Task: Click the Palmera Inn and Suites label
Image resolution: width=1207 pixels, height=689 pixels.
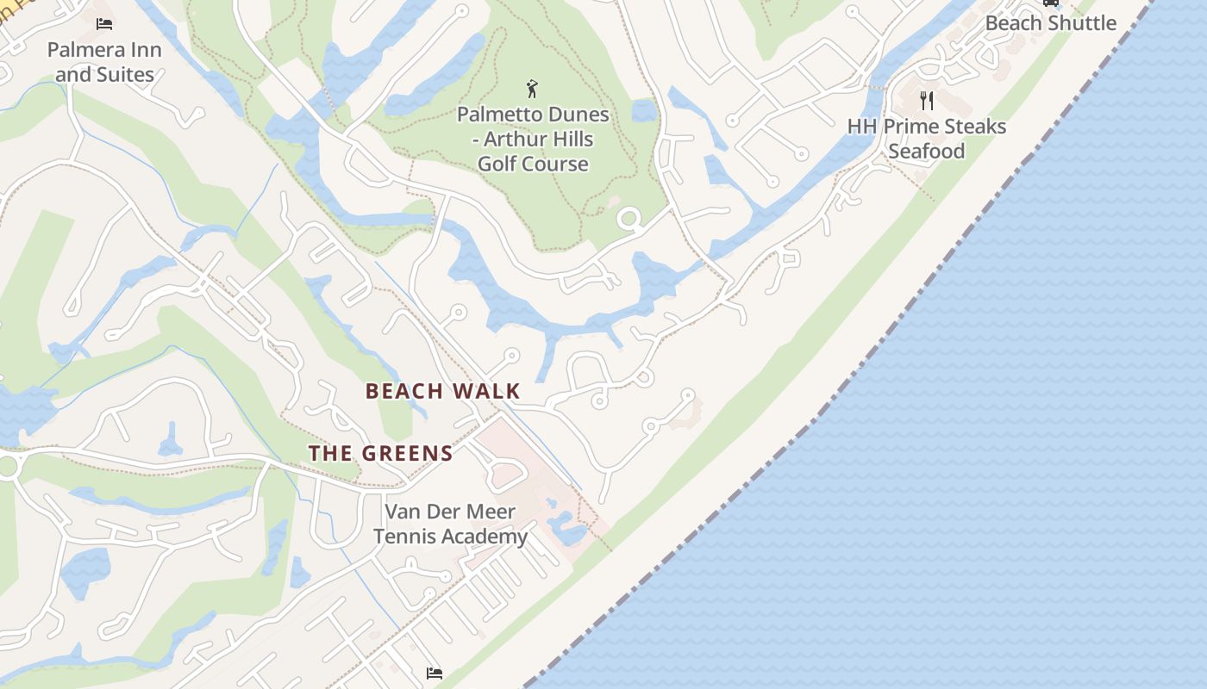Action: click(104, 62)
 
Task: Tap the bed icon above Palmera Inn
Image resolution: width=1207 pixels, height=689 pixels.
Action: click(104, 24)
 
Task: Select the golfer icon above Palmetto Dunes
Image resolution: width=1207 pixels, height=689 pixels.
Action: click(532, 88)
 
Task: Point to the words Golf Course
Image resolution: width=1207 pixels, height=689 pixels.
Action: click(533, 164)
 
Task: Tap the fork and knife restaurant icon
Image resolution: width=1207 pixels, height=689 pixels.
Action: click(927, 101)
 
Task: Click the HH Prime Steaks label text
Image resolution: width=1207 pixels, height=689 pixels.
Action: click(926, 127)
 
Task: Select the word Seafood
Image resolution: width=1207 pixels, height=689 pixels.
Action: click(926, 152)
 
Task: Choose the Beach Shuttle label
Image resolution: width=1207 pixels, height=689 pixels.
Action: click(1050, 23)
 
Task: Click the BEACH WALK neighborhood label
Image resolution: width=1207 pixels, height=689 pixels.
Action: click(442, 391)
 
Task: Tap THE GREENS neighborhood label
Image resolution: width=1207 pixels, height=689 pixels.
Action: click(380, 453)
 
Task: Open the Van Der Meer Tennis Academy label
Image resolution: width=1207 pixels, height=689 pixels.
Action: click(450, 524)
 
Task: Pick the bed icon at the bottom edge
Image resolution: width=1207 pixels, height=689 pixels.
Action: click(435, 673)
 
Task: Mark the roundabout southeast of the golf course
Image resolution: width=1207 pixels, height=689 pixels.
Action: click(629, 219)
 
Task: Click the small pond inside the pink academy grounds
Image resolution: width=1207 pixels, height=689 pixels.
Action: click(566, 527)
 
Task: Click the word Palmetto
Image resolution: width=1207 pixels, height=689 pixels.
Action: click(496, 115)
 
